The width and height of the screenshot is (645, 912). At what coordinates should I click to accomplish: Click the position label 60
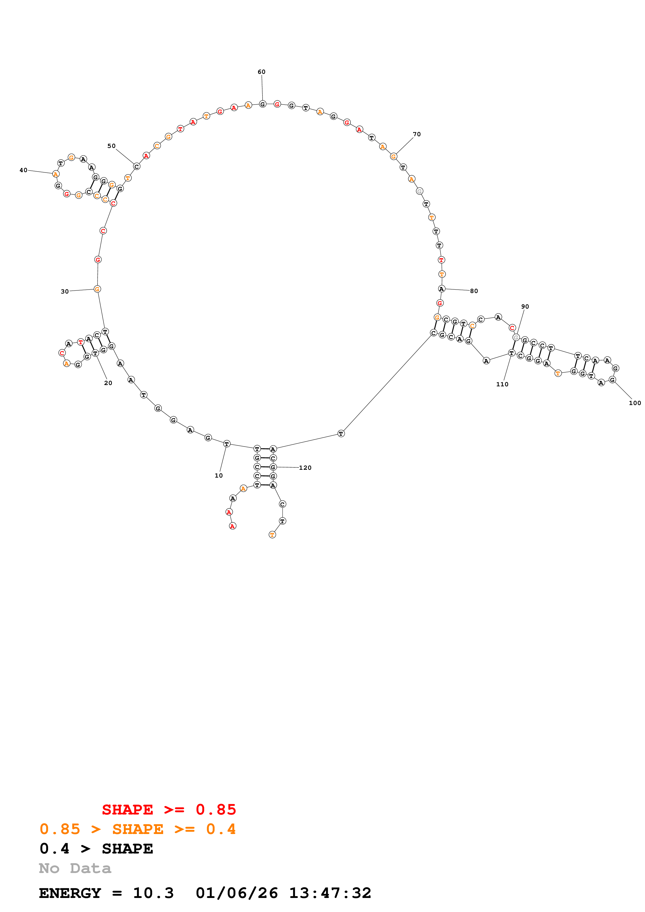click(x=261, y=72)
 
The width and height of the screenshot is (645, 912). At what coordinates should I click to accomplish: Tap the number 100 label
click(x=635, y=403)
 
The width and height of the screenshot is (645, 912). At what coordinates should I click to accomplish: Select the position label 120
click(x=305, y=467)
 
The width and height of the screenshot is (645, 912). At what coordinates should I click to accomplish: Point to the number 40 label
click(x=23, y=170)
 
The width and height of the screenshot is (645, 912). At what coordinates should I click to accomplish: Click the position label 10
click(x=219, y=475)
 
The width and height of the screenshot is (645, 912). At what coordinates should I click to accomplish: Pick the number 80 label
click(x=474, y=291)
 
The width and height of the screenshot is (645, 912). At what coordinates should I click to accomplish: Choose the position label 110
click(x=502, y=384)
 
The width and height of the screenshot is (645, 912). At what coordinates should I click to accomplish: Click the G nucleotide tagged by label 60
click(x=262, y=104)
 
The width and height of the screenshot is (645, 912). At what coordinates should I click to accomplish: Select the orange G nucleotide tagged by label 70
click(x=393, y=157)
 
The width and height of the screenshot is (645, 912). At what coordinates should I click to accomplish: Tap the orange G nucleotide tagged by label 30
click(x=97, y=289)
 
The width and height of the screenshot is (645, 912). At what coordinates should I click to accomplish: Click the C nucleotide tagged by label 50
click(x=137, y=166)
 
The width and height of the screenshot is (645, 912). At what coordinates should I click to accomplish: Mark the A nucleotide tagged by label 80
click(x=442, y=289)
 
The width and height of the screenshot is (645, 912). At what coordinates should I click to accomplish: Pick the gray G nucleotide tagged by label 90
click(x=516, y=337)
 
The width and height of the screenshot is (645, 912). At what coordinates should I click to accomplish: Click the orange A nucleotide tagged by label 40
click(x=56, y=174)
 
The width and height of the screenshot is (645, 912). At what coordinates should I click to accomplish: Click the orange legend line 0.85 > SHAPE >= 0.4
click(x=137, y=829)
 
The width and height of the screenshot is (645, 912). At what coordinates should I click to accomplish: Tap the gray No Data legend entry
click(x=75, y=868)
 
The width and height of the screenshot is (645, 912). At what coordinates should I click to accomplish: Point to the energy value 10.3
click(x=154, y=893)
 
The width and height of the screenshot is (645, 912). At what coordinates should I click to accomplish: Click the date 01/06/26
click(x=237, y=893)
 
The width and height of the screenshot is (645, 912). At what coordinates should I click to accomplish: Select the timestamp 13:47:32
click(x=330, y=893)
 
